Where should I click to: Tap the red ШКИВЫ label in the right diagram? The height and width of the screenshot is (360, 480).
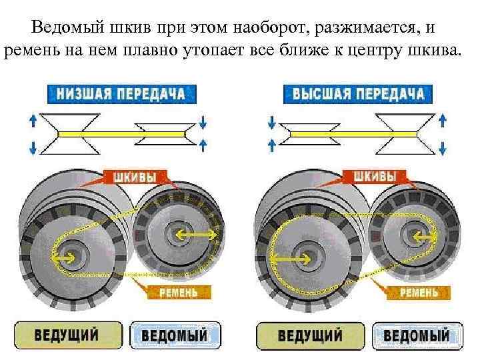click(x=375, y=177)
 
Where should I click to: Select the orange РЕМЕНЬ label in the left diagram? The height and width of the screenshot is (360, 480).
click(x=179, y=292)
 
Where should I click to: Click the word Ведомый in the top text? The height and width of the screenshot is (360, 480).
click(x=62, y=29)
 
